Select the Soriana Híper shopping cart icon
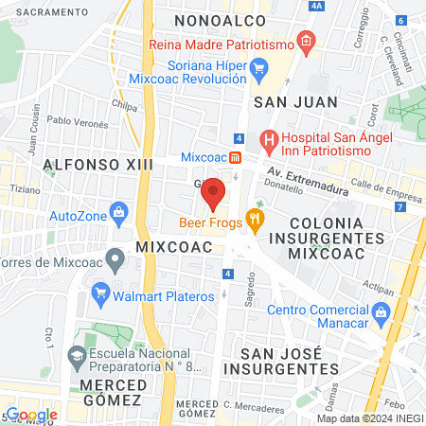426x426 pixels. pos(257,66)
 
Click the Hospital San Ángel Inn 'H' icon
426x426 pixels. pos(269,142)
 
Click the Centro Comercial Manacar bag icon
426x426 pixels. pos(381,311)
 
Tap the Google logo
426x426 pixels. pos(31,414)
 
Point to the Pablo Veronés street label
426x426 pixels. pos(73,121)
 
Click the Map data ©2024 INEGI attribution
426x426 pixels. pos(369,418)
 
